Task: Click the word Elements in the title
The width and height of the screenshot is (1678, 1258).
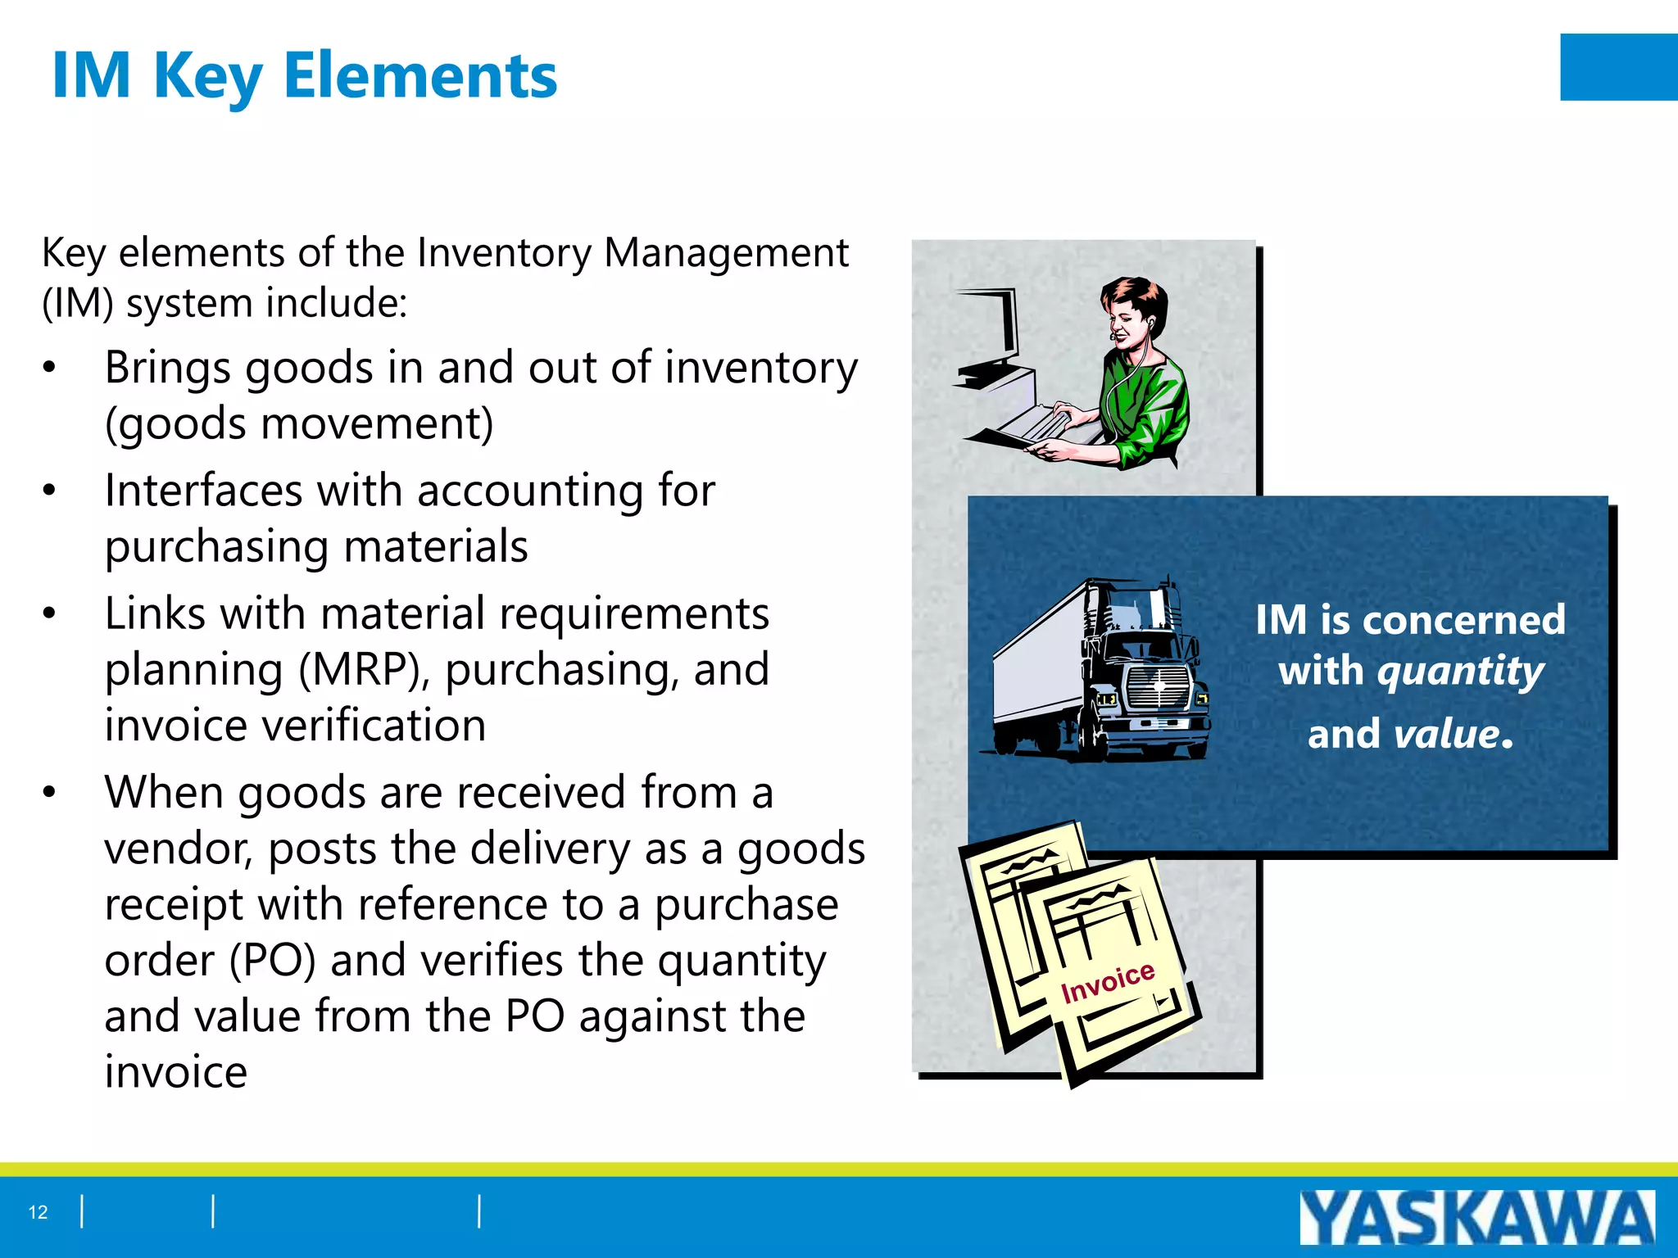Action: click(x=419, y=75)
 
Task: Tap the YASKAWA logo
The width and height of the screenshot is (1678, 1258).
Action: click(x=1476, y=1218)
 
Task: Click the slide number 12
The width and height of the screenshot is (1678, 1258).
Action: click(x=38, y=1212)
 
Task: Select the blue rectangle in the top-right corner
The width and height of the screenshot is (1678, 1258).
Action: click(x=1618, y=67)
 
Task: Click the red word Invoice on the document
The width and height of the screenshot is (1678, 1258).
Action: click(x=1107, y=982)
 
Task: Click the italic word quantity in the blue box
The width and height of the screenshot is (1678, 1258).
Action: click(x=1461, y=672)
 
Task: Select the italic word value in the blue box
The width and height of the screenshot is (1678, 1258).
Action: click(x=1447, y=734)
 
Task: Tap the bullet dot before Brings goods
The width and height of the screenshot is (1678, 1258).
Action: click(x=50, y=368)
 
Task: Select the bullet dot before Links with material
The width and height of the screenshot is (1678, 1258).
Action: click(x=50, y=613)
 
